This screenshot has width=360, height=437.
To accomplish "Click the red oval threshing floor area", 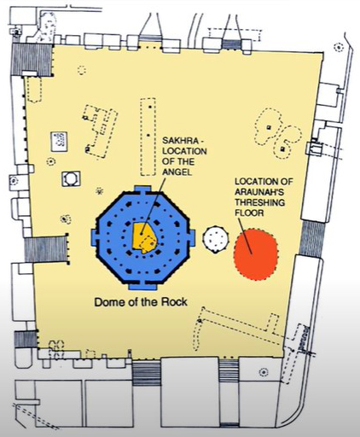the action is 256,254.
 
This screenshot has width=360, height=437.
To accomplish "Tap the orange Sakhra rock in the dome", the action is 144,238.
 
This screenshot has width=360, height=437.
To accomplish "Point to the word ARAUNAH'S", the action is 259,192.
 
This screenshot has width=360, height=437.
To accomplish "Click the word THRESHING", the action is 259,202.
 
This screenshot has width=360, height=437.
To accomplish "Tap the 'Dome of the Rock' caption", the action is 141,302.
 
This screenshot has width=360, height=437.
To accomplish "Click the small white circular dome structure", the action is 216,239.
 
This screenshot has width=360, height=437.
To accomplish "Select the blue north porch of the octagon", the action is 142,189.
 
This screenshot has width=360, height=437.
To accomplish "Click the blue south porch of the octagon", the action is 142,286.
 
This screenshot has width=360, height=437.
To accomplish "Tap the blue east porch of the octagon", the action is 192,238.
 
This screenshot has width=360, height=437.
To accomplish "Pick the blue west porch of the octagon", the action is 95,238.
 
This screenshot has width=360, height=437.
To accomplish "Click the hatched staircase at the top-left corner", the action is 32,60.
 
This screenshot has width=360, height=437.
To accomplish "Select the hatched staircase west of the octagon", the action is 46,249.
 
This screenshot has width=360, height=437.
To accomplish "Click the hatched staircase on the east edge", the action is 312,238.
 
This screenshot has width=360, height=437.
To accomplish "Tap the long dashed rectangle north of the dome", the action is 148,137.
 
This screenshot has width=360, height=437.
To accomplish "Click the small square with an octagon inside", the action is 71,179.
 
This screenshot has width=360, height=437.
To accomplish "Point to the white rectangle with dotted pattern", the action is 59,141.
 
